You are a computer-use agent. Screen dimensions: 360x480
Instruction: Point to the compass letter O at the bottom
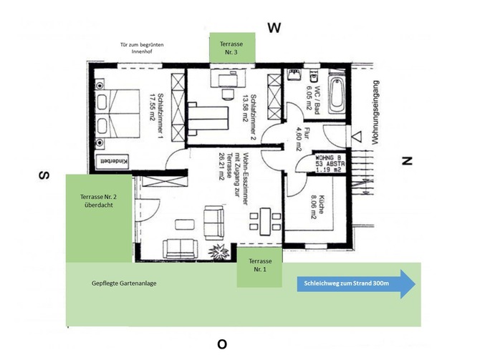click(222, 344)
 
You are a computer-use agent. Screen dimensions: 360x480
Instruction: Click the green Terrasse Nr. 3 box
click(231, 48)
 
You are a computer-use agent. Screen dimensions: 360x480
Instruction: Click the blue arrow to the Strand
click(355, 283)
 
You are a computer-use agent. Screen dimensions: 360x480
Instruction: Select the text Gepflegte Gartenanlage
click(124, 283)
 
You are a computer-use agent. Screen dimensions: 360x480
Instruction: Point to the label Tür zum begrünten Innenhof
click(143, 49)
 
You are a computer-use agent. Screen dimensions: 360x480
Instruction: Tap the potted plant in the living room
click(216, 250)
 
